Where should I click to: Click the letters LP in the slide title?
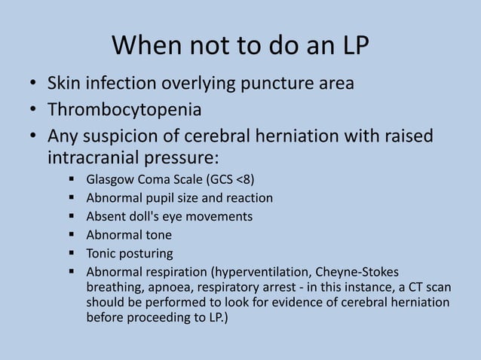[x=353, y=48]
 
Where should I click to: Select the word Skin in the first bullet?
[x=64, y=84]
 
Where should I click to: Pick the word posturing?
[x=146, y=253]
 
